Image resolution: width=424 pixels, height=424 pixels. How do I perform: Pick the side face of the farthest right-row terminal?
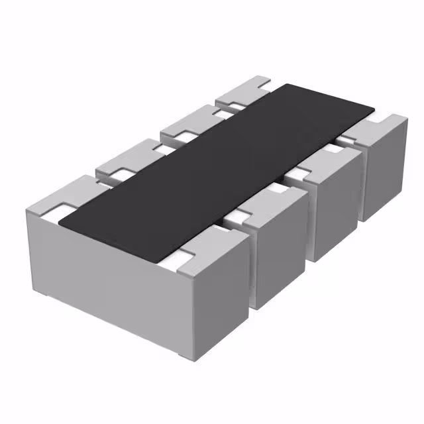click(384, 172)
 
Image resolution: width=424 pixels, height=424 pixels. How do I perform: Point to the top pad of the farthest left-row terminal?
click(242, 93)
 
